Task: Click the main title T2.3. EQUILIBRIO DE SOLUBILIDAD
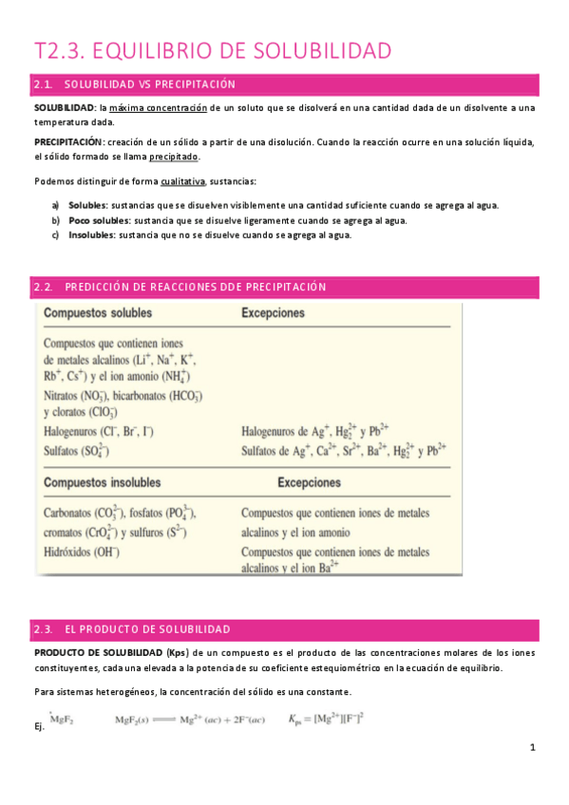[213, 50]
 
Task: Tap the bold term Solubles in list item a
[87, 205]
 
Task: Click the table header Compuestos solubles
[100, 312]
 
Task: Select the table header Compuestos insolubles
[103, 482]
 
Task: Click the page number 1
[533, 748]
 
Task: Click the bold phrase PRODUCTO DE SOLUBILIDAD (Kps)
[111, 653]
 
